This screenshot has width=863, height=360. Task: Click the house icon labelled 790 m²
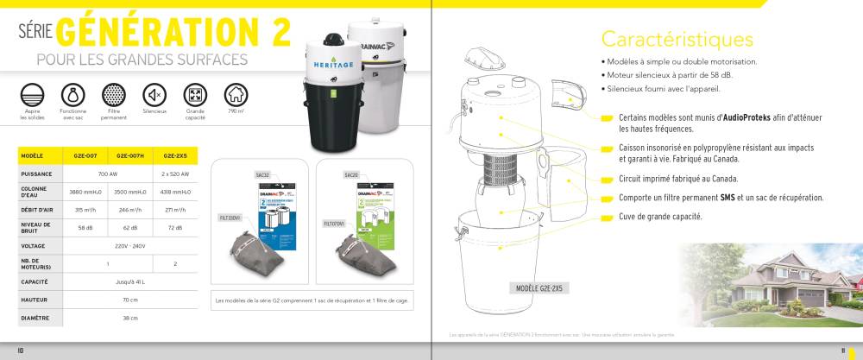click(x=235, y=94)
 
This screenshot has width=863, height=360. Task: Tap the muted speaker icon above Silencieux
click(x=154, y=94)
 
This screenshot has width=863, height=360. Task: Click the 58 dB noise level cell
click(x=85, y=228)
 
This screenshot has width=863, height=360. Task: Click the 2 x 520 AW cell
click(x=175, y=173)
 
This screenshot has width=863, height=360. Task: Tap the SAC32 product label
click(x=262, y=174)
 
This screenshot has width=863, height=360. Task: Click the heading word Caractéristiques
click(x=677, y=39)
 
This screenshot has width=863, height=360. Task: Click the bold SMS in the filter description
click(x=728, y=198)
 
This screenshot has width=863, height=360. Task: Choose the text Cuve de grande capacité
click(x=660, y=216)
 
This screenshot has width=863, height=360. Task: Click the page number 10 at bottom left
click(x=21, y=350)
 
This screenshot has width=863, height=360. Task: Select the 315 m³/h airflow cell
click(x=85, y=209)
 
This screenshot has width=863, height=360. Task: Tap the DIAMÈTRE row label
click(x=35, y=318)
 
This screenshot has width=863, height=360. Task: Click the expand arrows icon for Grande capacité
click(x=195, y=94)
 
